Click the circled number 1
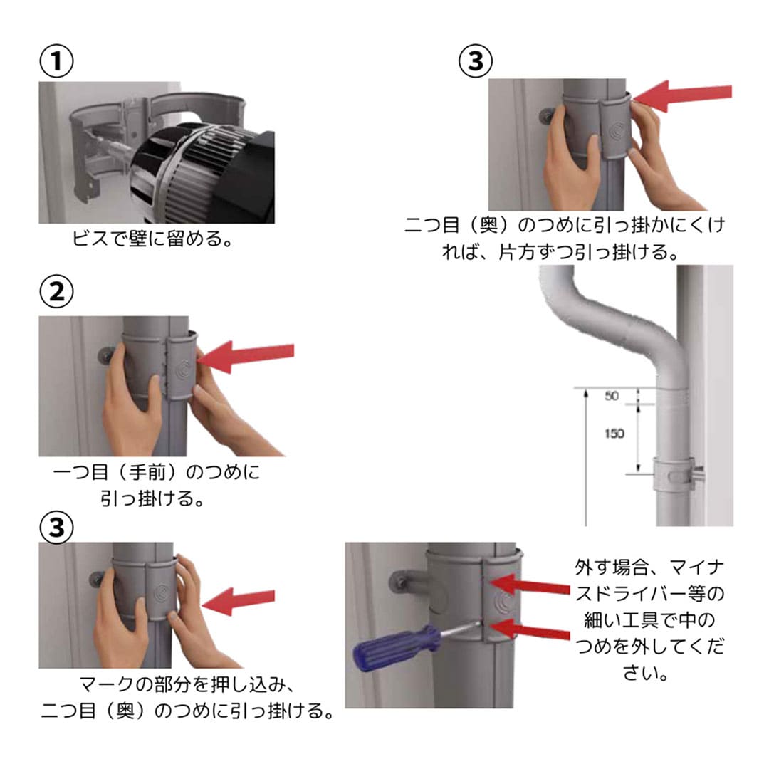[56, 63]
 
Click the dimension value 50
[612, 397]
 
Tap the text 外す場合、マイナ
[649, 568]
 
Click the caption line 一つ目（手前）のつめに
[157, 472]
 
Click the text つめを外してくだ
[649, 647]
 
